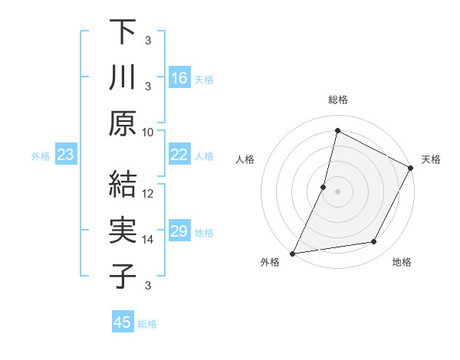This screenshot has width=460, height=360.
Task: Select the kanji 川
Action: (123, 77)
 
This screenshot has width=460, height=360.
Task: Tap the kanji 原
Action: (123, 123)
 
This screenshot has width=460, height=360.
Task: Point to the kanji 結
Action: (123, 185)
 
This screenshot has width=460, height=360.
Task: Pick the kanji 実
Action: (123, 231)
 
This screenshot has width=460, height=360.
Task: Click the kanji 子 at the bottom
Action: (123, 277)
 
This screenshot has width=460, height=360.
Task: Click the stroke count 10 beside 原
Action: (149, 132)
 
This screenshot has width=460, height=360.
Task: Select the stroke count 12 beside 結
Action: (149, 193)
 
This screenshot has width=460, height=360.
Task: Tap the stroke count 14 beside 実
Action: (149, 239)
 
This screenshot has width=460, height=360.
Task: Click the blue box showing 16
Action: (179, 78)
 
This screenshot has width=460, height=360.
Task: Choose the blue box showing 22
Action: (179, 155)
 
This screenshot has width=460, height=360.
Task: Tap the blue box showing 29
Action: (179, 231)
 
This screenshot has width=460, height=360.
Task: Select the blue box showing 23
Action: (66, 155)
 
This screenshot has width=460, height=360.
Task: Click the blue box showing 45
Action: (123, 322)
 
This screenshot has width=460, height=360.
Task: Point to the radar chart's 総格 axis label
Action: (338, 100)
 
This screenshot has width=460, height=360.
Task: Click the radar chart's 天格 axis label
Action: (431, 159)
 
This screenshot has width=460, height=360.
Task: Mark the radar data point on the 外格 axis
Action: (292, 254)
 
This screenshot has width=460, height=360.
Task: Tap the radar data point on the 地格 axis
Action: (374, 242)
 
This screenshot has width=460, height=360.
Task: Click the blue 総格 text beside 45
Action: (147, 324)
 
